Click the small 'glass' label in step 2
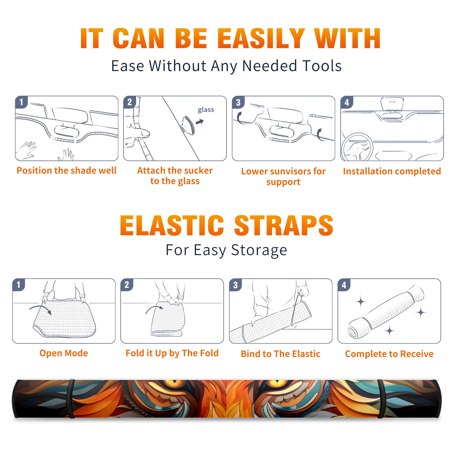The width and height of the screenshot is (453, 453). (x=206, y=110)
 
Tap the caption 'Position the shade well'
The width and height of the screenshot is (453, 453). (x=67, y=170)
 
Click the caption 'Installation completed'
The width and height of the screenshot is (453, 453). (x=392, y=171)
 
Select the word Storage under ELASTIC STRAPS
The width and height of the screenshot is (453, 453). (x=259, y=250)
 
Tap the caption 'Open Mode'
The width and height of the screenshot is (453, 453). (x=64, y=353)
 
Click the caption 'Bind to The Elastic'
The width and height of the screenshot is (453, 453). (x=281, y=354)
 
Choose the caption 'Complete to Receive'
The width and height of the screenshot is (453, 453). (x=389, y=354)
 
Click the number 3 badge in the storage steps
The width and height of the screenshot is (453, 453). (x=236, y=285)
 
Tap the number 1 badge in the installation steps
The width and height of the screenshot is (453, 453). (x=21, y=102)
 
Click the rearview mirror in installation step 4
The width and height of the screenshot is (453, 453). (x=392, y=104)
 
